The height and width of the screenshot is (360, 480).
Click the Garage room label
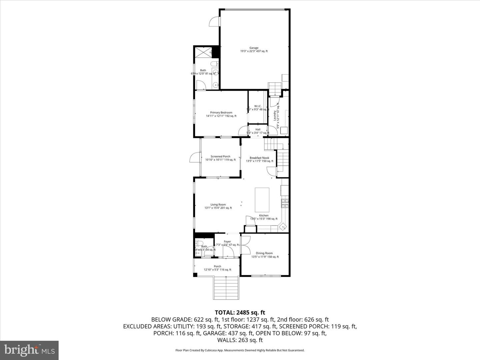click(254, 48)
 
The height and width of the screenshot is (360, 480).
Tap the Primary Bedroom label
click(221, 113)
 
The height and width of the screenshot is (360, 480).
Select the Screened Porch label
click(220, 156)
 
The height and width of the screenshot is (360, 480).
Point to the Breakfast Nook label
click(259, 158)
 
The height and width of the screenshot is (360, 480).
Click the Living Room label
click(218, 205)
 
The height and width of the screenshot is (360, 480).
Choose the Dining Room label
click(264, 253)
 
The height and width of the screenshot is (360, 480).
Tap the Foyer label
click(227, 242)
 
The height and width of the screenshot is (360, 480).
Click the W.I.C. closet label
click(258, 106)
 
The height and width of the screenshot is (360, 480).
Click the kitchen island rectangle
click(262, 200)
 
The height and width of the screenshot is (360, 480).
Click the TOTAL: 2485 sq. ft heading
click(240, 313)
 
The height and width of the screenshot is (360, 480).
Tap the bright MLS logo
click(29, 350)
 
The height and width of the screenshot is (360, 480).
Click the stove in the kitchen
click(285, 203)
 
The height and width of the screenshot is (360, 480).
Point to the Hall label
click(258, 129)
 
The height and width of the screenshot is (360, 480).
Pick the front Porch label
click(217, 266)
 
